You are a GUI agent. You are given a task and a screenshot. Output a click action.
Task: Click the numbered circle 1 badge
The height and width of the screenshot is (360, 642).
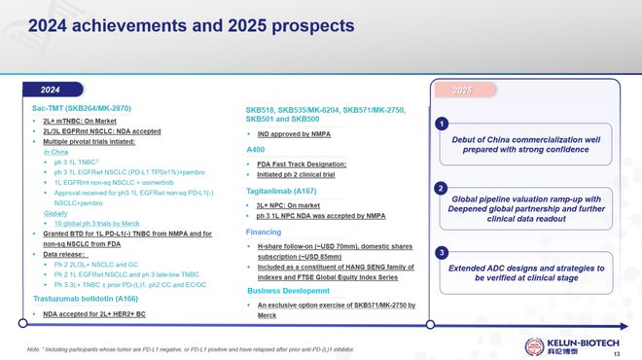point(442,125)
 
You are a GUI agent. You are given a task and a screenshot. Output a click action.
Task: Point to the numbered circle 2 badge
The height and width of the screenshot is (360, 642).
point(442,187)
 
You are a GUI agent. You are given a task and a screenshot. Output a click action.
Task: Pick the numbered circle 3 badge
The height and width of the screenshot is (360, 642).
point(442,253)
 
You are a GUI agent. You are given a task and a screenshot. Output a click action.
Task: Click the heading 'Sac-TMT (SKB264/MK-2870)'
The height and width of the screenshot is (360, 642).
point(81,107)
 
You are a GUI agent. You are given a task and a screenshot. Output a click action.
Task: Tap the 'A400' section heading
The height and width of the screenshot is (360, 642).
point(256,149)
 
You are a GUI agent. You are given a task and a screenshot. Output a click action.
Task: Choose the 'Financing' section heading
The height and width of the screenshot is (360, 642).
point(264,234)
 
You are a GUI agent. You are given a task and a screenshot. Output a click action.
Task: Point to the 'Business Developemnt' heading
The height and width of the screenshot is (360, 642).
point(291,291)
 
